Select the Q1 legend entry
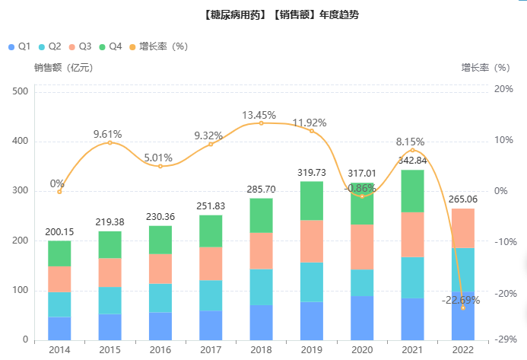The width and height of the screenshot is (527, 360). [x=19, y=46]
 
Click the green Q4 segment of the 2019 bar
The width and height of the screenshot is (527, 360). [x=312, y=201]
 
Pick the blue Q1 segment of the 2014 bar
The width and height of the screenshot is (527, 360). [x=59, y=328]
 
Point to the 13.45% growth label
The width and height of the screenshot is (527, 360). [x=259, y=115]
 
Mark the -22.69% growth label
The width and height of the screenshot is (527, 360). [x=461, y=299]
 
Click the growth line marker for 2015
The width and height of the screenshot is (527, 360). [x=110, y=142]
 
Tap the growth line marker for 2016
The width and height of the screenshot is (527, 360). [x=160, y=166]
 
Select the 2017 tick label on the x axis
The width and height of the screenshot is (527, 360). [x=211, y=349]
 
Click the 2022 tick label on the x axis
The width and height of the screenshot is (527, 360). [x=463, y=349]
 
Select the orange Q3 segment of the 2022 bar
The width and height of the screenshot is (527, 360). [x=463, y=228]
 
